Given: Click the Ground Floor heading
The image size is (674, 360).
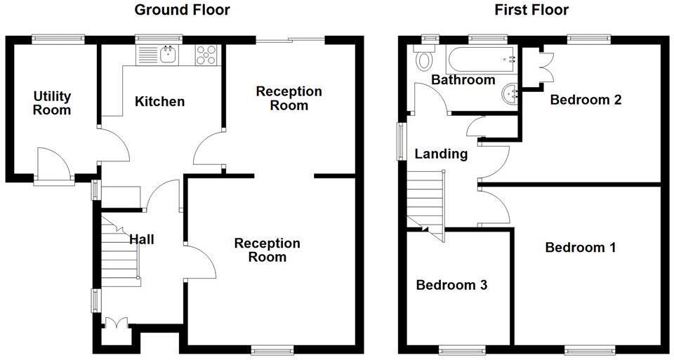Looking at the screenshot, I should point(182,10).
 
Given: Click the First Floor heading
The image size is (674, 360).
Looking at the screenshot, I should point(531,10).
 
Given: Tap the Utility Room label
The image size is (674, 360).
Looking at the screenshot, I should point(52,102).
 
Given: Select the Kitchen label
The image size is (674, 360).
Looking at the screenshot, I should point(159,102).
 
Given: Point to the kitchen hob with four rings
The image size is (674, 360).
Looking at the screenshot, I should point(206,55).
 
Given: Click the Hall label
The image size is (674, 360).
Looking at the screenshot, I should point(141,239).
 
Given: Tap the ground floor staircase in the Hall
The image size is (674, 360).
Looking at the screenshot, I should point(119,253).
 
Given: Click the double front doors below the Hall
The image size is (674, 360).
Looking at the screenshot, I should point(115,324).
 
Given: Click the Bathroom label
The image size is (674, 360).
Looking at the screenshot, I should point(463,80).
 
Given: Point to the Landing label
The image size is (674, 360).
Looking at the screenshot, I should point(440,154).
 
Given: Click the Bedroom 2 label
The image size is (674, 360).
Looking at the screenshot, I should point(586,100).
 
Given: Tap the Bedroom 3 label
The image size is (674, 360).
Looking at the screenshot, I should point(451,285).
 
